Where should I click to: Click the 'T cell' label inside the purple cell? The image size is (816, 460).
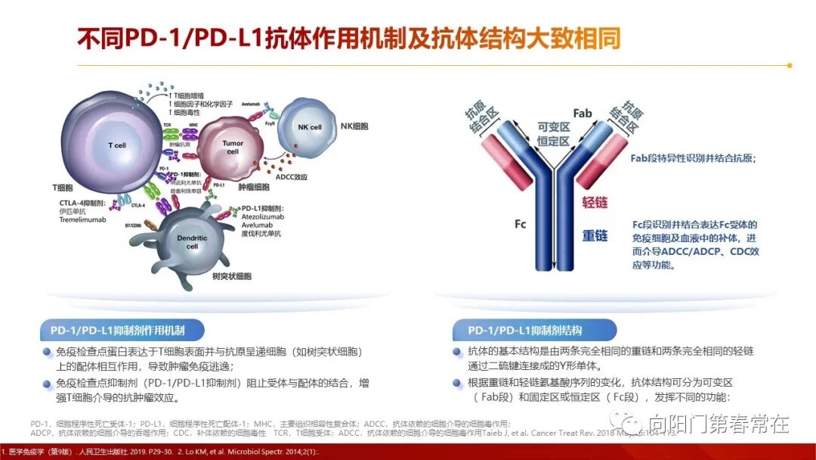click(x=116, y=145)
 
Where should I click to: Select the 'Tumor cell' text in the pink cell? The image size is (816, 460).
click(x=233, y=147)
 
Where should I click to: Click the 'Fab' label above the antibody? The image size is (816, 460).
click(x=582, y=113)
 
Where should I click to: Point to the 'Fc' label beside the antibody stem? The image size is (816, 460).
click(x=520, y=224)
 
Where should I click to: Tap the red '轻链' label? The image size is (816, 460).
click(x=595, y=203)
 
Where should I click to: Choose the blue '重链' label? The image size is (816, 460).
click(x=595, y=236)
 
